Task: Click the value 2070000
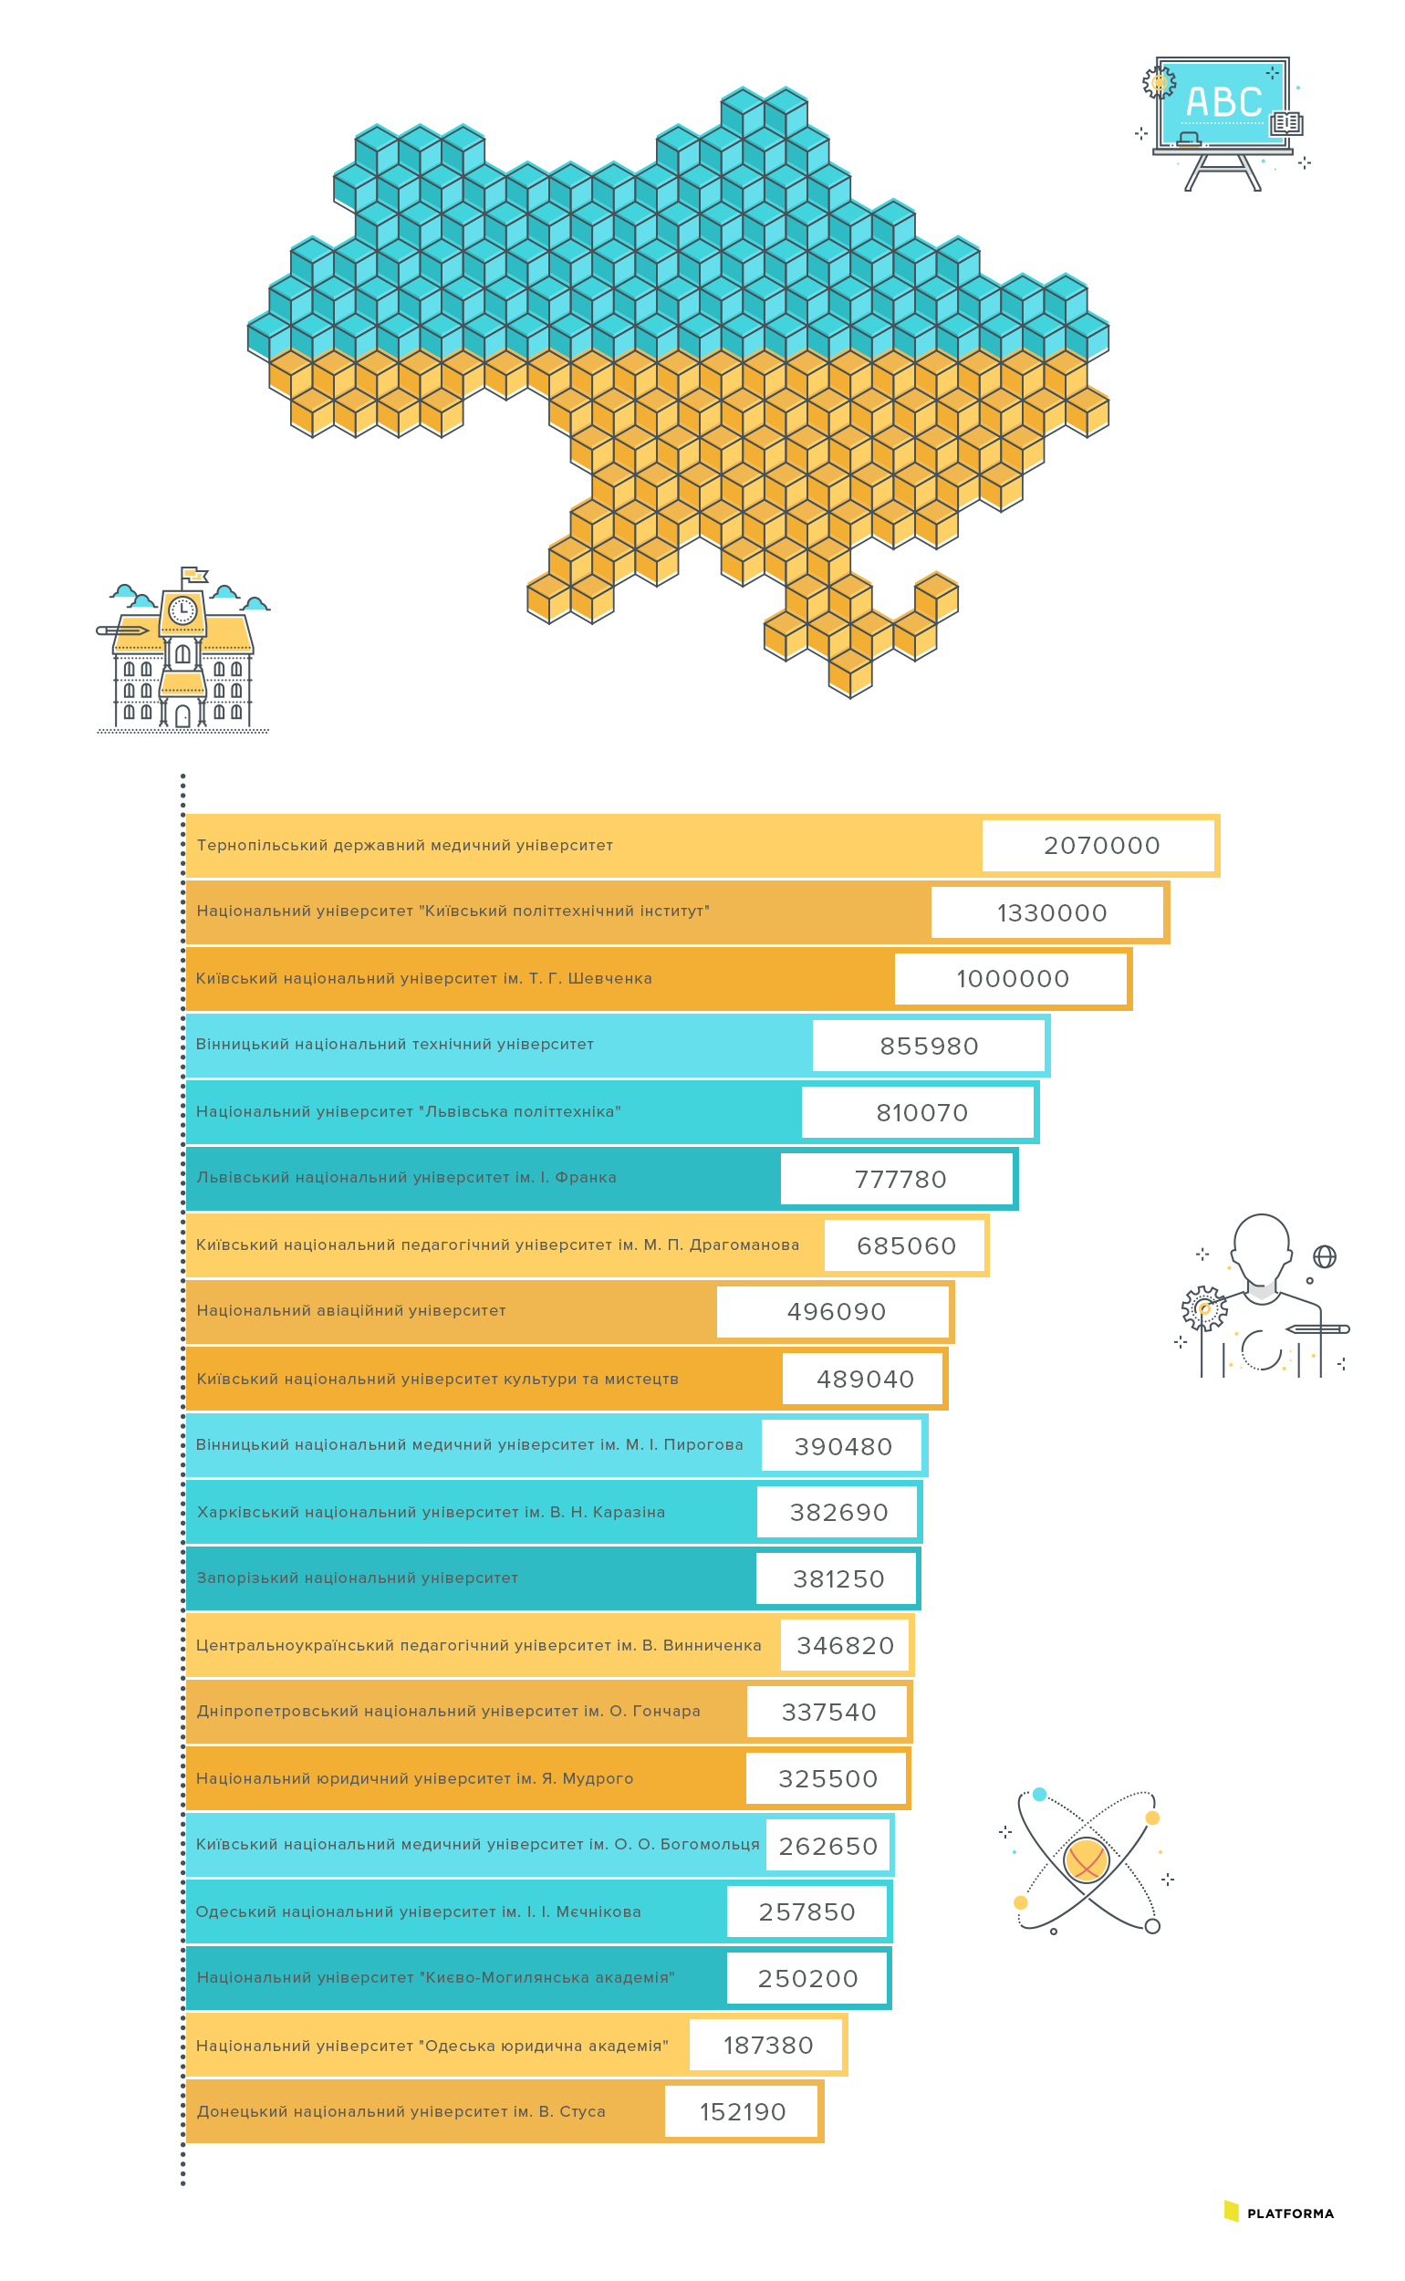click(1101, 846)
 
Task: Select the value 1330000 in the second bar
click(1052, 912)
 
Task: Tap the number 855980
click(930, 1047)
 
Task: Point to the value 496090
click(837, 1312)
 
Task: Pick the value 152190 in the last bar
click(743, 2112)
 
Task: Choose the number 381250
click(838, 1578)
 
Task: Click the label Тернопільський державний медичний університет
click(404, 846)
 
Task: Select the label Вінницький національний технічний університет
click(394, 1045)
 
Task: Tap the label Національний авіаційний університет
click(351, 1310)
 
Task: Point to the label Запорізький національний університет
click(357, 1578)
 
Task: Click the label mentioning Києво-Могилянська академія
click(435, 1977)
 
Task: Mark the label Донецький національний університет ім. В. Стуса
click(401, 2111)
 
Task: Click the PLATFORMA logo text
click(1290, 2214)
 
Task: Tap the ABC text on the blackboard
click(1223, 102)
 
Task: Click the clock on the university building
click(182, 609)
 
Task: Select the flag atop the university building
click(193, 575)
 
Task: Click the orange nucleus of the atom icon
click(1086, 1859)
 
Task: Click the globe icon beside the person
click(1324, 1256)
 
